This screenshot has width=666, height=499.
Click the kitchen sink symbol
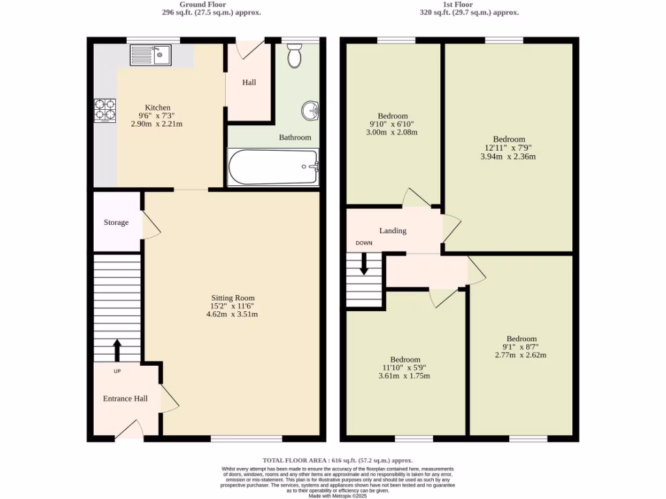pyautogui.click(x=150, y=55)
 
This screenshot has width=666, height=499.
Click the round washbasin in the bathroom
pyautogui.click(x=310, y=111)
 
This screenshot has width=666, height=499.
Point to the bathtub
pyautogui.click(x=273, y=166)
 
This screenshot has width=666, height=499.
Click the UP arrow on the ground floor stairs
pyautogui.click(x=118, y=350)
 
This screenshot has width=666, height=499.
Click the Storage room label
pyautogui.click(x=116, y=223)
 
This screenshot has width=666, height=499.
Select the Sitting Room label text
pyautogui.click(x=232, y=298)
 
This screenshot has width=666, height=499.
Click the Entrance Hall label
pyautogui.click(x=126, y=398)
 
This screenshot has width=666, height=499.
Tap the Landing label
pyautogui.click(x=393, y=231)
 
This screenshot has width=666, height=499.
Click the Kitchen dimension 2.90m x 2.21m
pyautogui.click(x=157, y=123)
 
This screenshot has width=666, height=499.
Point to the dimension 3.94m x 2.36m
pyautogui.click(x=509, y=156)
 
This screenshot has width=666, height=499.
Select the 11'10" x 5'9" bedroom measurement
pyautogui.click(x=405, y=368)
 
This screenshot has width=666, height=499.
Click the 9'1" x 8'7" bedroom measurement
pyautogui.click(x=522, y=347)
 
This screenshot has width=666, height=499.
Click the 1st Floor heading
pyautogui.click(x=469, y=4)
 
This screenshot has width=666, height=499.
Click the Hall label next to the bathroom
pyautogui.click(x=249, y=83)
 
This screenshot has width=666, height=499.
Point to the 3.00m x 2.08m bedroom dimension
pyautogui.click(x=393, y=132)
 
